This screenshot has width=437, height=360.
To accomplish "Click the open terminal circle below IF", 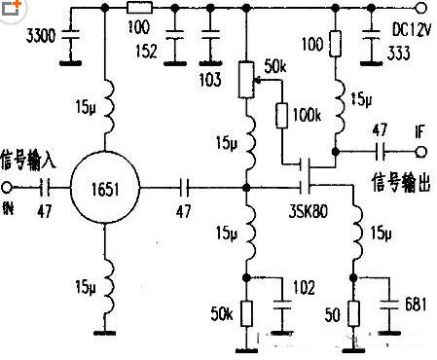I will [419, 151].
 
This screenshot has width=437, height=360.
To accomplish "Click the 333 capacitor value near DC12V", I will [398, 55].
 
